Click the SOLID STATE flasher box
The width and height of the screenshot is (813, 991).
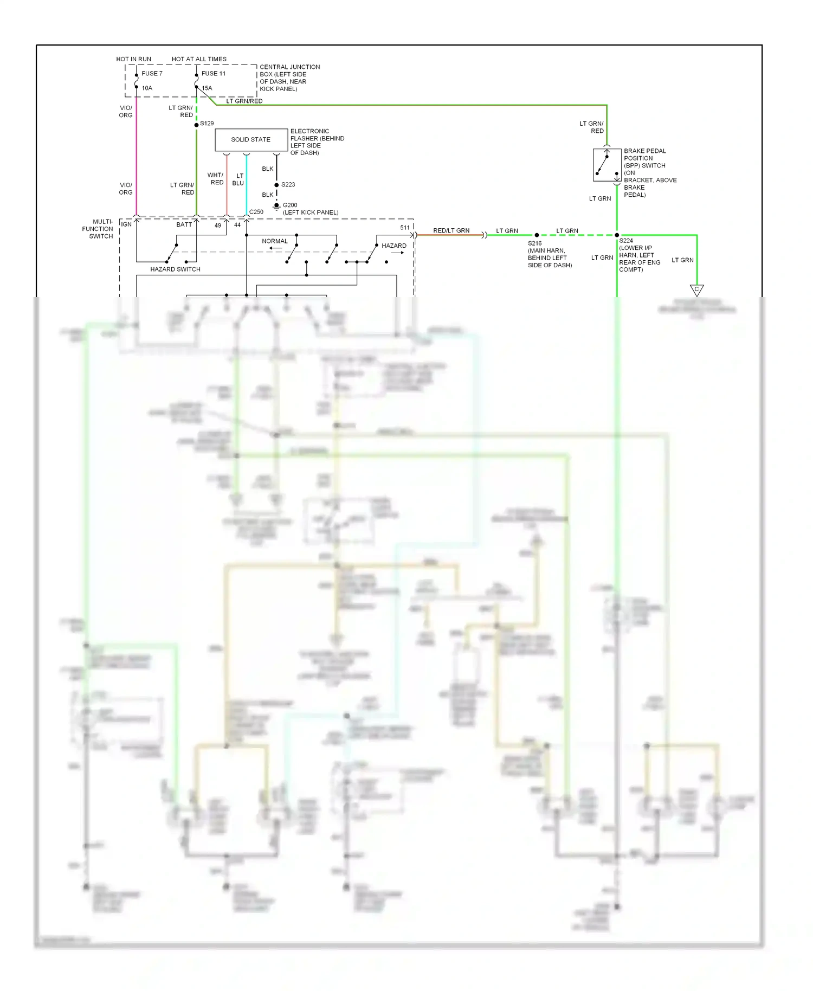251,140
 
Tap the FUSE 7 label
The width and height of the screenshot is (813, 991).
152,74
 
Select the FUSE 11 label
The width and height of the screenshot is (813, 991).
214,74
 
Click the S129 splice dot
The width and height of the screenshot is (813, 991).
197,125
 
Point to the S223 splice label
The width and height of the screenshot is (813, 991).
288,185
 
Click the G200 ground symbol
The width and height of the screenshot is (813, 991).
276,206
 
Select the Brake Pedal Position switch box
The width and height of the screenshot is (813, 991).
607,165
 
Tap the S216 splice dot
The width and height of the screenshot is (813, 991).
537,235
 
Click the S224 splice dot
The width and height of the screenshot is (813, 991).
617,235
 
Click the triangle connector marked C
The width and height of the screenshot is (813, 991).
696,290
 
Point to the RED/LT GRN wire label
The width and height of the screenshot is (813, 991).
451,230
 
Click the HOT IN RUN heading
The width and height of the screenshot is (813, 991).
133,59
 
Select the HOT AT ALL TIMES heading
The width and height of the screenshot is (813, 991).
199,59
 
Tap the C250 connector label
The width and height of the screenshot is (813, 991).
256,212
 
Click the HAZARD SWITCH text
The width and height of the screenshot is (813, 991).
175,269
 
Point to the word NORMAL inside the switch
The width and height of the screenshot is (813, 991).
275,241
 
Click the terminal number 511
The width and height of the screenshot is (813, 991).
405,228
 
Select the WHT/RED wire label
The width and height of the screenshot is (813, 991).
215,179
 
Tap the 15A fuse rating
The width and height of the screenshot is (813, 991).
207,88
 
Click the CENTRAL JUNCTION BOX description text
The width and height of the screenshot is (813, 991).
289,78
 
